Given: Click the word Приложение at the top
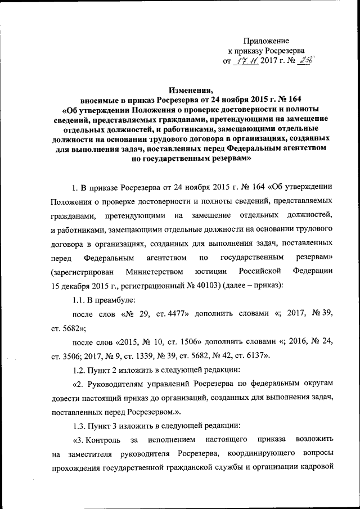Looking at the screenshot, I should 266,41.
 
